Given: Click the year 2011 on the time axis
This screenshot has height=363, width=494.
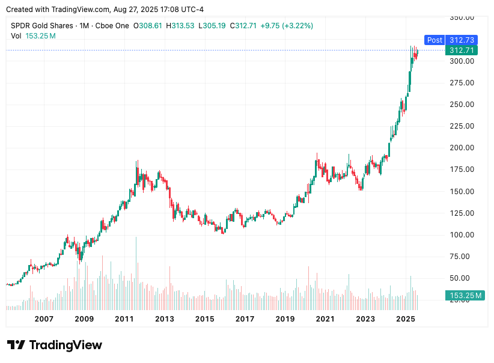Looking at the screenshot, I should point(124,319).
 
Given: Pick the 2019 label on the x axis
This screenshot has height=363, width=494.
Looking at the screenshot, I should point(285,319).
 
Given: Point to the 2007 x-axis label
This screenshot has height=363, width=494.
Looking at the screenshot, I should point(44,319).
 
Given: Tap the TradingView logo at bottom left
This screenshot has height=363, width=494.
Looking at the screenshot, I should point(55,346).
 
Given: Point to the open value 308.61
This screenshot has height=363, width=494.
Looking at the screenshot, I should point(150,26).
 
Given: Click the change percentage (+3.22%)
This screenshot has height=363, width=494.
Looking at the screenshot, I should point(294,26).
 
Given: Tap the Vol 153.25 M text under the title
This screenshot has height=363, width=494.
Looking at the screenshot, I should point(33,36).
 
